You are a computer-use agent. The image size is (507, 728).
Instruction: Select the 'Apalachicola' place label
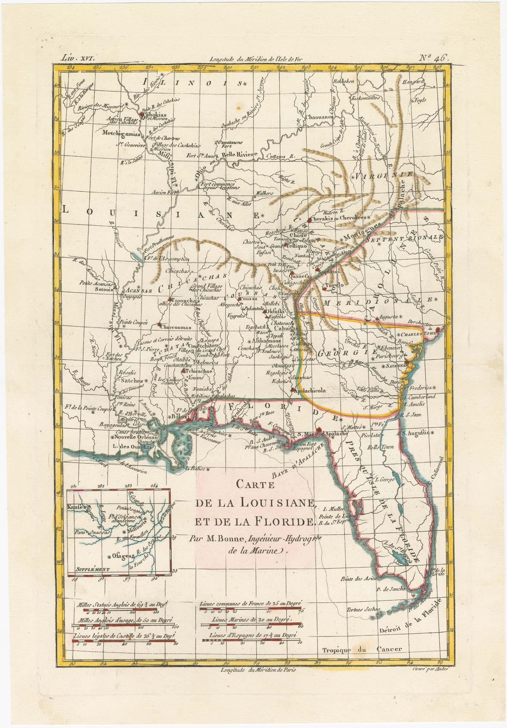click(x=309, y=391)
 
